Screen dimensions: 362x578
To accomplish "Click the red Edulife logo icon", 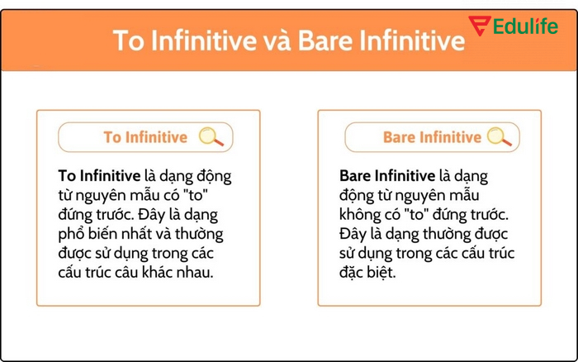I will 479,26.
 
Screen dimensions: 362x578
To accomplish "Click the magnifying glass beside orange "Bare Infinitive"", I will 500,137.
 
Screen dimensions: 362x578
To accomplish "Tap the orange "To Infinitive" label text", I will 145,137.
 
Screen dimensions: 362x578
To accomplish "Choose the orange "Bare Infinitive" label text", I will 432,137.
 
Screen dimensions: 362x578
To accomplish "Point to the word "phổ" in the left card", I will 72,234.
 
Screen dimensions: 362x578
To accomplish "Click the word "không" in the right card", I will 358,215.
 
